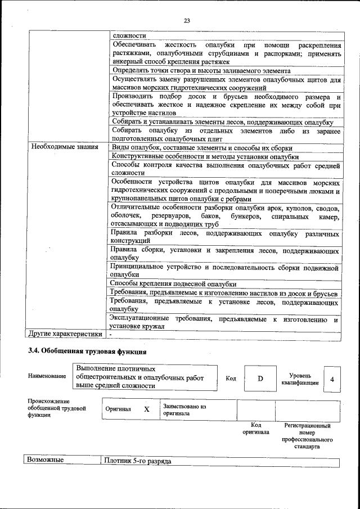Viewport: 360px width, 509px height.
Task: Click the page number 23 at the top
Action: [x=187, y=21]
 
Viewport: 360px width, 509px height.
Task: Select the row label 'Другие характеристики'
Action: [x=65, y=334]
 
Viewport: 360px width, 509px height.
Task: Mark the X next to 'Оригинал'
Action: [x=146, y=409]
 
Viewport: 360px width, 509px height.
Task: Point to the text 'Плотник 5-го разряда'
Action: [x=137, y=461]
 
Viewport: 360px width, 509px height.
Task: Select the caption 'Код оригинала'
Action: [x=255, y=429]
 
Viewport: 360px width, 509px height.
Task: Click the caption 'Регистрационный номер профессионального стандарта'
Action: [x=307, y=436]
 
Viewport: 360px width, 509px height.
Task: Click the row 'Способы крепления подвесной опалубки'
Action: [x=173, y=284]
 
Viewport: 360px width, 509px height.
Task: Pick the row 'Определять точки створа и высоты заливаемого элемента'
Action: [x=201, y=71]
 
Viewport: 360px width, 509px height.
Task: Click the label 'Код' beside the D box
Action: [x=231, y=379]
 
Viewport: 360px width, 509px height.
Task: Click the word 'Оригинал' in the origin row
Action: [x=118, y=409]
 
